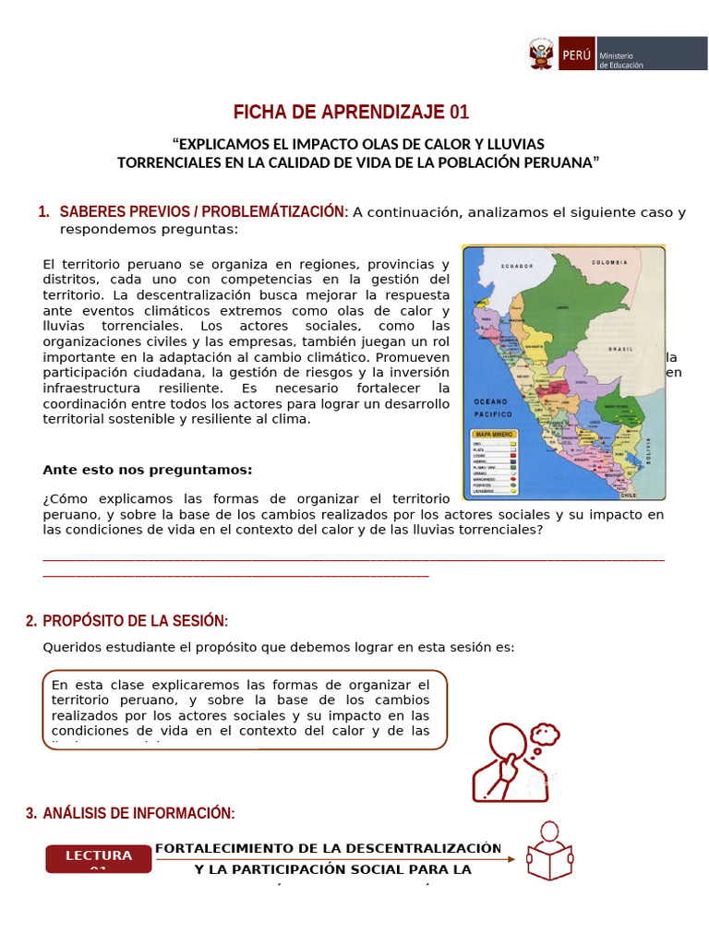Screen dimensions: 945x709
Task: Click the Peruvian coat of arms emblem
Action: (542, 54)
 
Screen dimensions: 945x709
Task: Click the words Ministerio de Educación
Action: (622, 59)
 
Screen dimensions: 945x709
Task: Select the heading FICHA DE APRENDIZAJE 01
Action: (351, 113)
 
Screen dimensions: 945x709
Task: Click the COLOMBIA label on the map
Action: (609, 262)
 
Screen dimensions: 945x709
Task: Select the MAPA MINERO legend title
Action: (493, 433)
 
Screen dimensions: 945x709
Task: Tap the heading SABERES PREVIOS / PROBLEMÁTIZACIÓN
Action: (204, 212)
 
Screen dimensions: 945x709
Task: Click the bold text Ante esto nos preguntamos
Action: (147, 470)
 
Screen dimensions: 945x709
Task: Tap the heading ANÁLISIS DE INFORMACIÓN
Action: (138, 813)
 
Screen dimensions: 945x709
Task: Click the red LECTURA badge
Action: (99, 858)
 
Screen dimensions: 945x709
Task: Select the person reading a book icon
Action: (549, 851)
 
